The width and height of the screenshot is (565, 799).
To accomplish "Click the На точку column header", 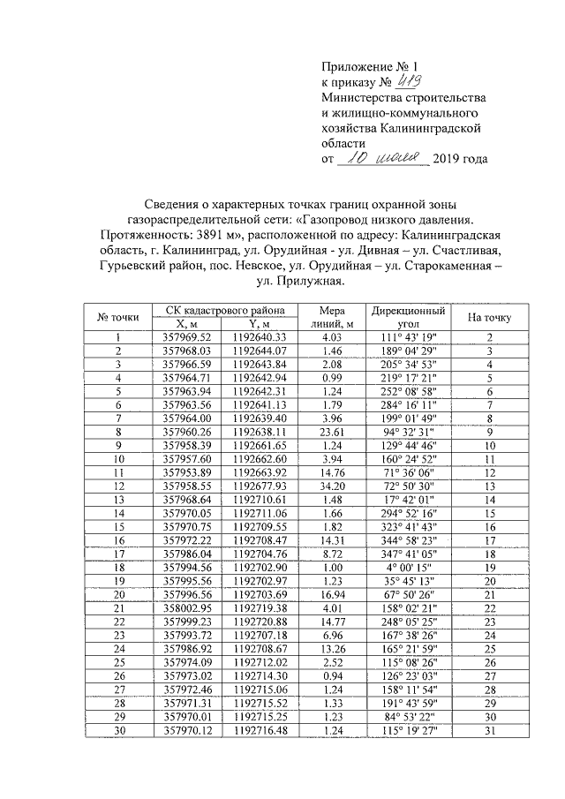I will coord(488,316).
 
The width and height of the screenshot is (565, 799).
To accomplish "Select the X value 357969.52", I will coord(187,336).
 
